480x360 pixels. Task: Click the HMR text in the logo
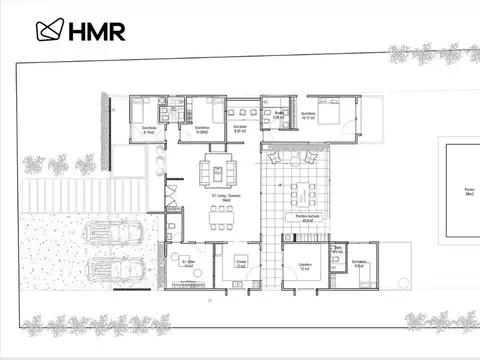click(97, 31)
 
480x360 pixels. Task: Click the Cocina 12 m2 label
click(240, 263)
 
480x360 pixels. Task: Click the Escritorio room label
click(240, 129)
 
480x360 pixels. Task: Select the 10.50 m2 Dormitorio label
click(202, 129)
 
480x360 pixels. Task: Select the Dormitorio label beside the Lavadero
click(360, 264)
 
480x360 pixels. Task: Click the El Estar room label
click(187, 265)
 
